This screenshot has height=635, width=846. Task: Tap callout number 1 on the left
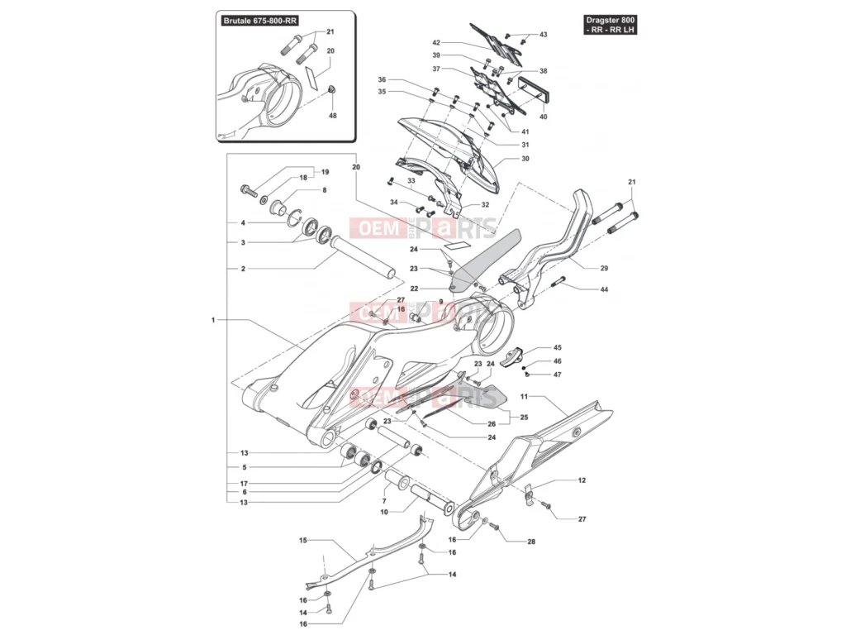(212, 319)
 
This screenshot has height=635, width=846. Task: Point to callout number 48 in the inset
(333, 116)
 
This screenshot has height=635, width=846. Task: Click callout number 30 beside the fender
(525, 159)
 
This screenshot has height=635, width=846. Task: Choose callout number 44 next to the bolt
(604, 289)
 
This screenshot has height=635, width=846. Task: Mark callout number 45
(558, 348)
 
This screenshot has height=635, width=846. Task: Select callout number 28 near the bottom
(531, 542)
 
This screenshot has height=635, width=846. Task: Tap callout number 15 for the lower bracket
(302, 541)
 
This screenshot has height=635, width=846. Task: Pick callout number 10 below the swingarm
(384, 513)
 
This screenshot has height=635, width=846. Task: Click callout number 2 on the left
(243, 269)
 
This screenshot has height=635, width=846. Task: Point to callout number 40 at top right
(543, 117)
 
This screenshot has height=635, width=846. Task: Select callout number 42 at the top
(436, 42)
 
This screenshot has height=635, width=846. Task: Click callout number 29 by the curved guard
(604, 268)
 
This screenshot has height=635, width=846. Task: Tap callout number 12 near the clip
(582, 480)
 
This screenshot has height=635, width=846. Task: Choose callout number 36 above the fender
(382, 80)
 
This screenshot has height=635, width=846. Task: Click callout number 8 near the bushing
(324, 190)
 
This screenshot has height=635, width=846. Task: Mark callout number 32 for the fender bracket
(485, 204)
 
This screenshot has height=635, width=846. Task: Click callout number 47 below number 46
(558, 375)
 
